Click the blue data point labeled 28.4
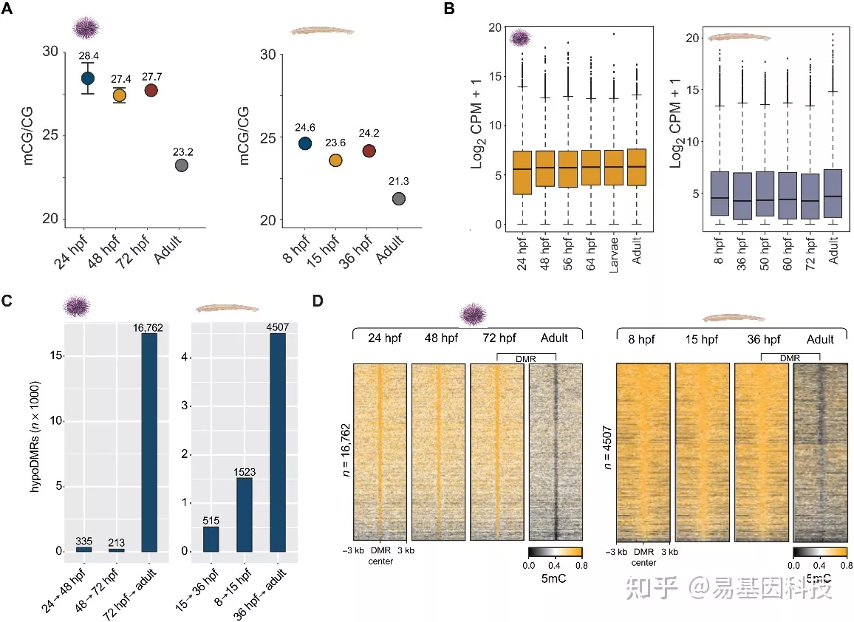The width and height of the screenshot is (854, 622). [88, 78]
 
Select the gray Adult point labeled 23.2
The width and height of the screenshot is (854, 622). [181, 165]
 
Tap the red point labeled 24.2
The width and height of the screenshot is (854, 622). [369, 151]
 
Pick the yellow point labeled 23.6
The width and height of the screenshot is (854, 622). [335, 160]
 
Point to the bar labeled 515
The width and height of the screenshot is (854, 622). [211, 539]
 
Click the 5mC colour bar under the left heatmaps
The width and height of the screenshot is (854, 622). [555, 551]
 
